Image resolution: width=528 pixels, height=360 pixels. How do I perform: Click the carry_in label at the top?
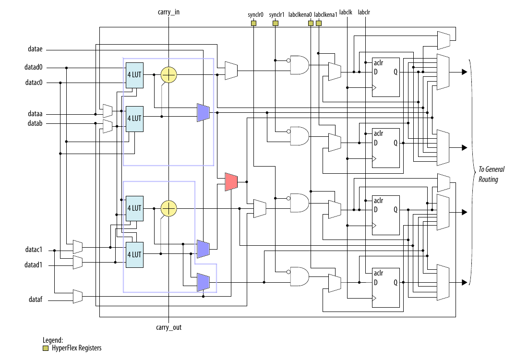168,11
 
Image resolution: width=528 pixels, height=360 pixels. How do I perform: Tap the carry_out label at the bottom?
168,327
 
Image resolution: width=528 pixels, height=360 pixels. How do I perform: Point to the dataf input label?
36,300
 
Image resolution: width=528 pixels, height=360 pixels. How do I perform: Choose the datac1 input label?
34,250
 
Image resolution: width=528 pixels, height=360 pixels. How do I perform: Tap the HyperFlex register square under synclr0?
253,23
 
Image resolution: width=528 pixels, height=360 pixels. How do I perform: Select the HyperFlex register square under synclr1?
275,23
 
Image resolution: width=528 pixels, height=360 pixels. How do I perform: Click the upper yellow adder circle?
168,75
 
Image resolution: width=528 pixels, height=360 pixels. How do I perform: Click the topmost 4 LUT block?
134,75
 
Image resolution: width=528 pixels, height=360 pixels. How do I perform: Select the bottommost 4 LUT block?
134,254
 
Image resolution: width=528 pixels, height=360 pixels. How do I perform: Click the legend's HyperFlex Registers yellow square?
46,348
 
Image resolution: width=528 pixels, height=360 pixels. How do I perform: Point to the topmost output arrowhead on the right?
464,72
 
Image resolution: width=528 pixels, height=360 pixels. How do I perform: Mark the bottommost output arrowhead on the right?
464,283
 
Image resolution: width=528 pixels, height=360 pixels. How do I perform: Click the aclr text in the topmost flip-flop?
378,63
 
